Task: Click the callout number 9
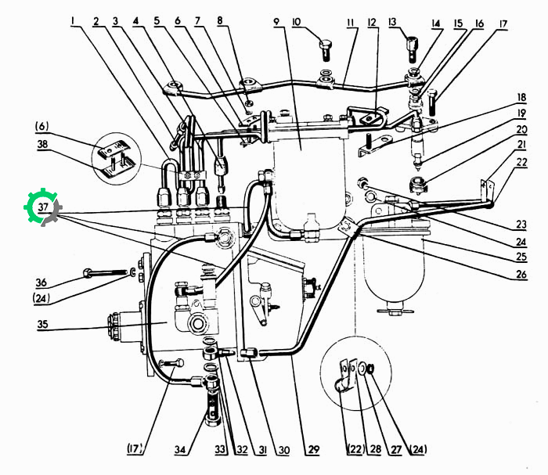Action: (277, 22)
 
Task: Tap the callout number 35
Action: (42, 324)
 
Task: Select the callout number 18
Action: (521, 98)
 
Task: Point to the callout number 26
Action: (521, 274)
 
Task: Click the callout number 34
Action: (180, 449)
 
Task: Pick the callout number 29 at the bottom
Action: (313, 449)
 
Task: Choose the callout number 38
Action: (42, 144)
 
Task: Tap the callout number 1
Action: (73, 21)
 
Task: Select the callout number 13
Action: (392, 23)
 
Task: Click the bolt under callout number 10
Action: (326, 50)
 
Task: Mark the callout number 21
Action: (521, 145)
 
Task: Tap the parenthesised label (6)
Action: (41, 127)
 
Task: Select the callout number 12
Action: (372, 23)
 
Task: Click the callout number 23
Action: (521, 225)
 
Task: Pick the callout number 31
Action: (262, 449)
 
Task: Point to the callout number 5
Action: (157, 21)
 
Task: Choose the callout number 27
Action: (395, 449)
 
